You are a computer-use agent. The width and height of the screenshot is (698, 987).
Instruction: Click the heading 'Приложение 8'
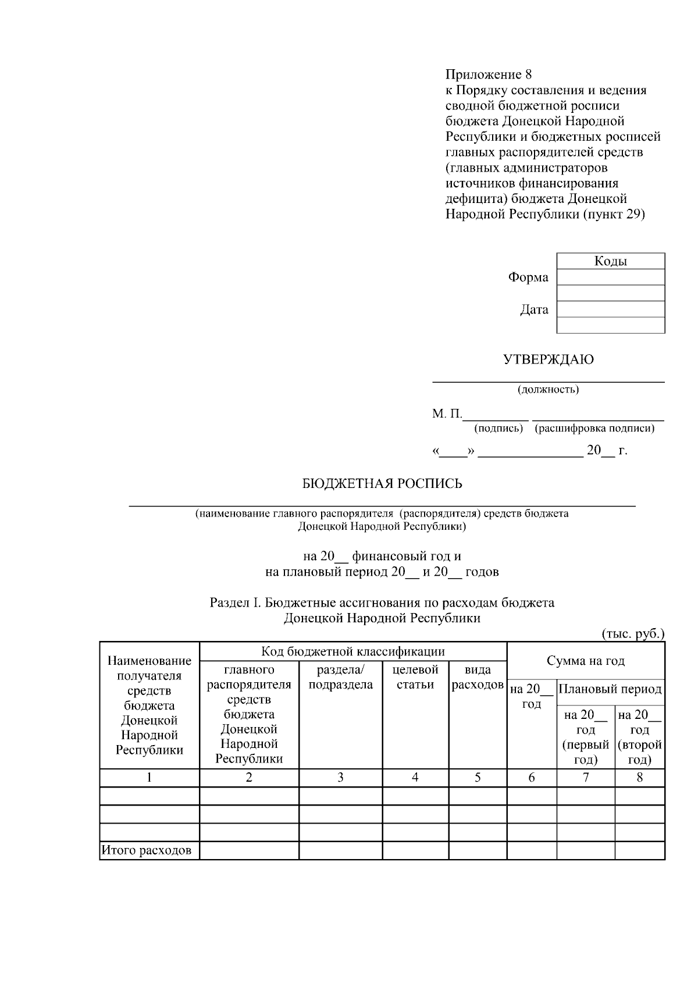tap(489, 74)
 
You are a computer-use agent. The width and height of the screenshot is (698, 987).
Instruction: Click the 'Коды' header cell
tap(610, 261)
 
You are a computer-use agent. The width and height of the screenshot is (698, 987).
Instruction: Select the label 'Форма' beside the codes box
tap(528, 277)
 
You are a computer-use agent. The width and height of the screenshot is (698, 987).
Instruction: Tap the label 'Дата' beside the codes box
tap(534, 309)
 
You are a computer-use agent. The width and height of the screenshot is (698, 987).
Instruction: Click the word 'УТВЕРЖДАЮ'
tap(548, 359)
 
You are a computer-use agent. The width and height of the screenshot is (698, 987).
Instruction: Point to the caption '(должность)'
tap(548, 390)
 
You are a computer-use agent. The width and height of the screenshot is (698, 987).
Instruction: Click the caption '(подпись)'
tap(498, 429)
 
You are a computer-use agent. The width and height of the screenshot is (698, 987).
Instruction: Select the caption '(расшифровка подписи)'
tap(595, 429)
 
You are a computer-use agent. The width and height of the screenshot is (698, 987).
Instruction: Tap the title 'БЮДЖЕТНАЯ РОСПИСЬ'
tap(382, 483)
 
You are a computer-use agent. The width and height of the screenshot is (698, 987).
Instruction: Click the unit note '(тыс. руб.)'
tap(632, 634)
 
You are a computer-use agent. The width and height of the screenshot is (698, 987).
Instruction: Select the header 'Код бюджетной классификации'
tap(352, 651)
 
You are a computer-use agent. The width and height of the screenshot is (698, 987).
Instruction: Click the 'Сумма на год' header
tap(585, 661)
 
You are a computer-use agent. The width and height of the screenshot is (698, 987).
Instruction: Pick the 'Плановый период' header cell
tap(610, 689)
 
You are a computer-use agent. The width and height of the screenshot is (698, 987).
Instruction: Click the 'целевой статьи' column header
tap(415, 677)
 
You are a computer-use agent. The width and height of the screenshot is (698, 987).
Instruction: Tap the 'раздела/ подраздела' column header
tap(340, 677)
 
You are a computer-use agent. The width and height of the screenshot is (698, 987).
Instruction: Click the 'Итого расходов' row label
tap(147, 851)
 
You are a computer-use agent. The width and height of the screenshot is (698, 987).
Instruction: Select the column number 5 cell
tap(478, 778)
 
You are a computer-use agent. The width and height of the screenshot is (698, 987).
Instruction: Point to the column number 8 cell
tap(639, 778)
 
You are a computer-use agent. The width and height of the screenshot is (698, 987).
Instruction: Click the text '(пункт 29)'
tap(614, 214)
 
